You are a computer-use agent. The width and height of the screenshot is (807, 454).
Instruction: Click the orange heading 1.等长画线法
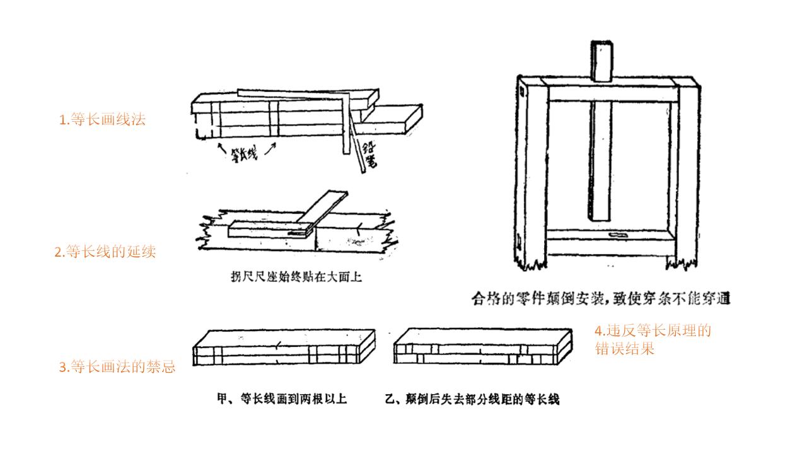102,120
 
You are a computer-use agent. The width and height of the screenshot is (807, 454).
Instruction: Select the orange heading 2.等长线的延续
105,252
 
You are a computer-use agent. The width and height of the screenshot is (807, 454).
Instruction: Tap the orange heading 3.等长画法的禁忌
117,367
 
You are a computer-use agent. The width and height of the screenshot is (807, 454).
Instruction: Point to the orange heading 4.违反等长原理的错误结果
652,340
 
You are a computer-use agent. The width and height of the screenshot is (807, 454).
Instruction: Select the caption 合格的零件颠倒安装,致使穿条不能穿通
601,298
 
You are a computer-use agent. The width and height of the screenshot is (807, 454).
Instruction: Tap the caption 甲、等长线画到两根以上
282,400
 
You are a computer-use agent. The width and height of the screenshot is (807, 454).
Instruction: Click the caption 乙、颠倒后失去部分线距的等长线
472,400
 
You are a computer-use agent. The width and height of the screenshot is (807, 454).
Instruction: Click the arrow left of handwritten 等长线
220,148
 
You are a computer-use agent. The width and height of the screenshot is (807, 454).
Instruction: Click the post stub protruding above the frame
601,61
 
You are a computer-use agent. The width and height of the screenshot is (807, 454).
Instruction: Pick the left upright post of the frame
531,170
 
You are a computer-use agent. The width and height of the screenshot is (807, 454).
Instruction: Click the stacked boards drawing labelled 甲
284,347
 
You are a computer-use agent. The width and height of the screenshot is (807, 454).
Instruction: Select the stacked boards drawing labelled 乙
482,347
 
